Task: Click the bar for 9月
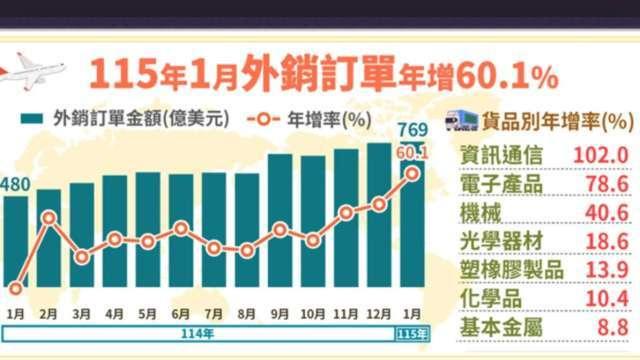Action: (281, 220)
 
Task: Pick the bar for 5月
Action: (148, 229)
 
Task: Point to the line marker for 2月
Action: (49, 217)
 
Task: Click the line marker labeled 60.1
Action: (411, 173)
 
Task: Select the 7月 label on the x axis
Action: (214, 312)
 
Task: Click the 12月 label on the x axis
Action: (378, 312)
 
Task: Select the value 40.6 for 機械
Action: (603, 213)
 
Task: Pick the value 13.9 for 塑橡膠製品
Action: (604, 271)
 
